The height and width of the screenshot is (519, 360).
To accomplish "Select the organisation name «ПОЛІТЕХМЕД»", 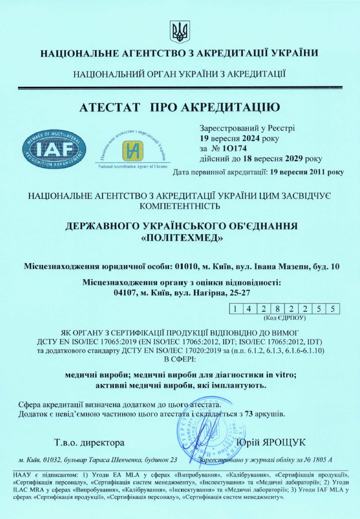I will click(x=182, y=238).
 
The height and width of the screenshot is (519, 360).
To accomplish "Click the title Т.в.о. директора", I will click(x=89, y=443).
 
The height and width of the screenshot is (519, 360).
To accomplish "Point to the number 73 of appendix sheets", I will click(x=249, y=414).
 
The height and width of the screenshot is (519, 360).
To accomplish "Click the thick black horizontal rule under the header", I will click(x=180, y=87).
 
